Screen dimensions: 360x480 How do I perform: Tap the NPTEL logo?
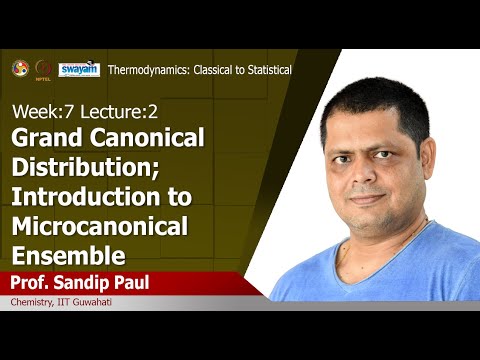43,69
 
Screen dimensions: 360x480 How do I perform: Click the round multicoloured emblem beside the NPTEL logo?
19,68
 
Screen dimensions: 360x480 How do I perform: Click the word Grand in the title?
47,138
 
